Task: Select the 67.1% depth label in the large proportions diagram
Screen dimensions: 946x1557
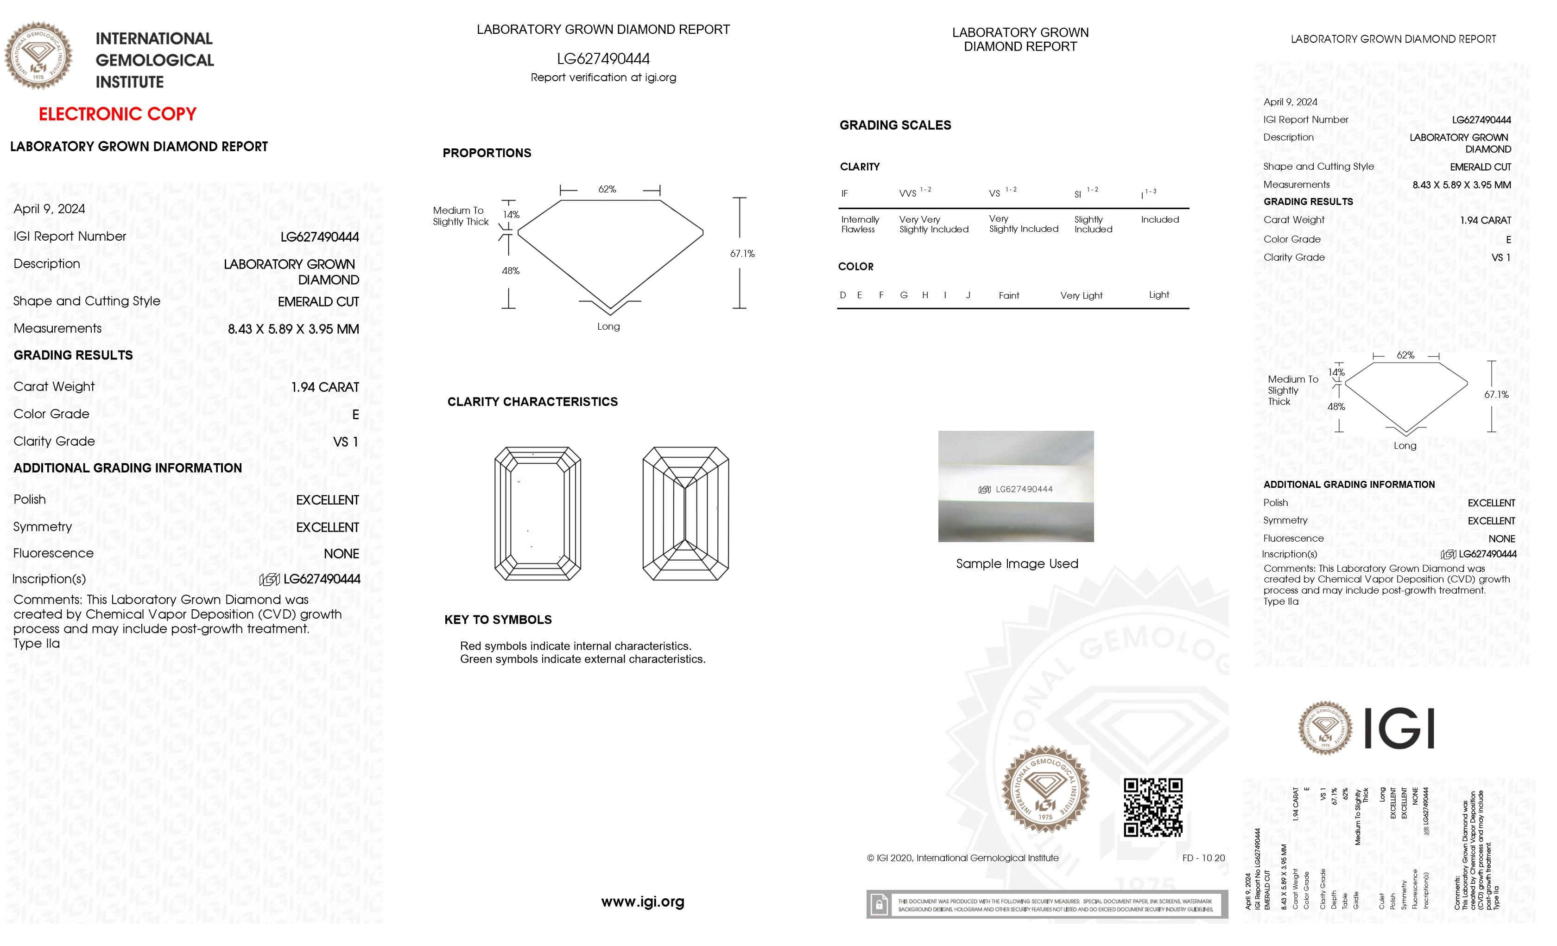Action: (742, 254)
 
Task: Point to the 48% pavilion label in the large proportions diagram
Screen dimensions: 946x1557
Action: (511, 271)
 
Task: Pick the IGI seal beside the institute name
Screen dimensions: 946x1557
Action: (38, 55)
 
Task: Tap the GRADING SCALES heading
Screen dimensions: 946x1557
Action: (895, 125)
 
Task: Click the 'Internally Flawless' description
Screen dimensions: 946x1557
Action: (860, 224)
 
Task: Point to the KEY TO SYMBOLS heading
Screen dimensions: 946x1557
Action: (498, 620)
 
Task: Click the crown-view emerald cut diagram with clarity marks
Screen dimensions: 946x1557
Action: (537, 513)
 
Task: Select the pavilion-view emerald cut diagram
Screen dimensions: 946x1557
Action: (686, 513)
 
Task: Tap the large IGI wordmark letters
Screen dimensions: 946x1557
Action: (1399, 729)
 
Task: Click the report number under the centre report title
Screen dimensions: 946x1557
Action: (603, 59)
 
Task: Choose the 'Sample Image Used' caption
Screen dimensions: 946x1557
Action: (1017, 563)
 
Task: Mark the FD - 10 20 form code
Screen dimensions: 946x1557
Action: (1203, 858)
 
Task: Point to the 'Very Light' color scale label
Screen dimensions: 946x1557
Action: (1081, 295)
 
